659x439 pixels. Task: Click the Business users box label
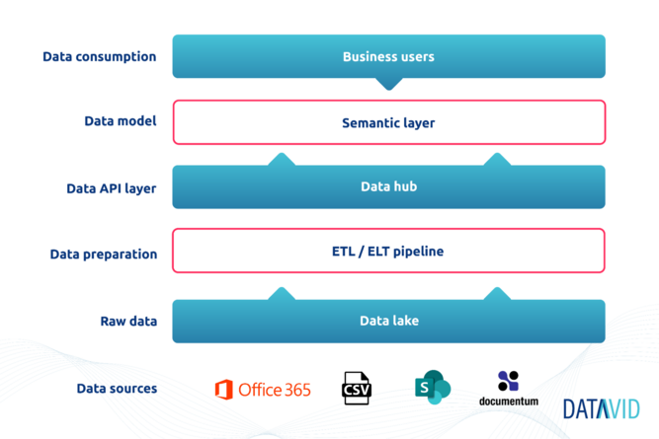[x=388, y=56]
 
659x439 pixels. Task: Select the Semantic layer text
[x=388, y=123]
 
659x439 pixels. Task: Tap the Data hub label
[x=388, y=186]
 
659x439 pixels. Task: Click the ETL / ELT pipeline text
[x=387, y=251]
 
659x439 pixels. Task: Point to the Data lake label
[x=389, y=321]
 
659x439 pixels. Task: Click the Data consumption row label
[x=100, y=56]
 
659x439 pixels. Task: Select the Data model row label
[x=121, y=121]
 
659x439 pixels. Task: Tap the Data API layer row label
[x=112, y=188]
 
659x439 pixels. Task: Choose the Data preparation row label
[x=104, y=255]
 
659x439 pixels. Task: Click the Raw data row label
[x=128, y=321]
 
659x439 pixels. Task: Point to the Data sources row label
[x=117, y=389]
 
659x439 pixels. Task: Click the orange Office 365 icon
[x=224, y=390]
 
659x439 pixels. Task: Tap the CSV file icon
[x=357, y=389]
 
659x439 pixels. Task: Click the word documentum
[x=509, y=402]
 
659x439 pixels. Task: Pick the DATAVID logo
[x=602, y=408]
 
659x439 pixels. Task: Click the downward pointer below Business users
[x=388, y=84]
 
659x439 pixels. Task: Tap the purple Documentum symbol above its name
[x=508, y=381]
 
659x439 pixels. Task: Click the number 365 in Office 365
[x=297, y=390]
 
